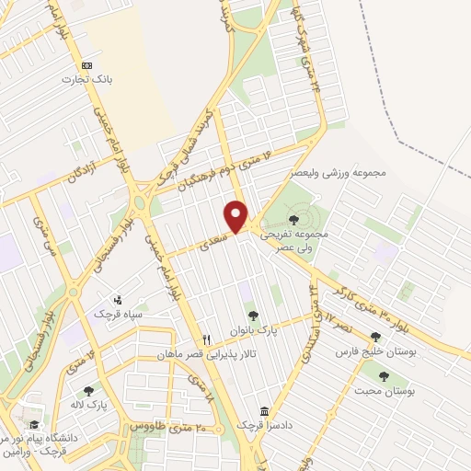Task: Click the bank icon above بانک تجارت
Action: (x=86, y=65)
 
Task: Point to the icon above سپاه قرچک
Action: (x=117, y=300)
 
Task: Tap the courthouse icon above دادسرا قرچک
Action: (x=265, y=411)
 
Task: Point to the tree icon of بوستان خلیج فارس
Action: (x=374, y=338)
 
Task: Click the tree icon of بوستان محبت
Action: (x=380, y=376)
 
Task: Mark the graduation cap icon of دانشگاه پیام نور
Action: (x=34, y=425)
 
